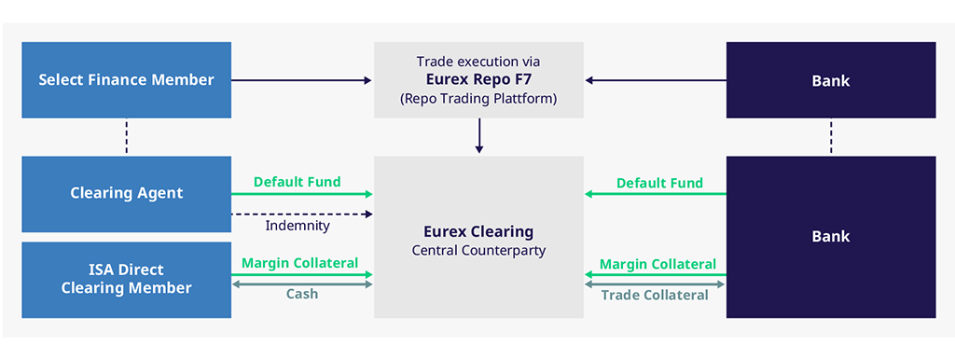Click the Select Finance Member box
(x=126, y=80)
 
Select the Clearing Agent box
(x=126, y=194)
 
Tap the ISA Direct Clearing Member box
(x=126, y=280)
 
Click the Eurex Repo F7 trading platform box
(x=478, y=80)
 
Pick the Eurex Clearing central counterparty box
(x=478, y=237)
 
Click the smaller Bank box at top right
(x=831, y=80)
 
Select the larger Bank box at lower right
(x=831, y=237)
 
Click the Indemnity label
(x=298, y=226)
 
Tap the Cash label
(x=302, y=294)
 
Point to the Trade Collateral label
(x=655, y=296)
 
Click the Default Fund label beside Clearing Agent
(x=298, y=182)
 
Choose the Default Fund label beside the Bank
(x=659, y=183)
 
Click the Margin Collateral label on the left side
(x=300, y=263)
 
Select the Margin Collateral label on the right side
(x=657, y=264)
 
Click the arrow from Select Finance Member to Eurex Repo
(x=301, y=80)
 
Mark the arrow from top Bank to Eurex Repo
(x=656, y=80)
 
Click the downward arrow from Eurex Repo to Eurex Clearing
(x=479, y=136)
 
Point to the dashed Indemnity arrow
(x=301, y=214)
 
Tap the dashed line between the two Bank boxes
(x=831, y=137)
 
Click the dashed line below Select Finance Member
(x=127, y=137)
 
